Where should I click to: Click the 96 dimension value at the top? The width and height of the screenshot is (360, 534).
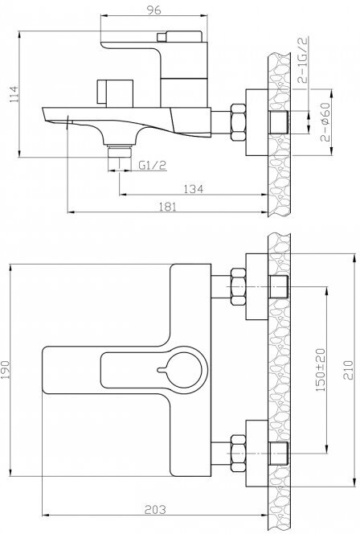tap(153, 10)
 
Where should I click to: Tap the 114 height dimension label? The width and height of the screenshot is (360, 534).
tap(14, 94)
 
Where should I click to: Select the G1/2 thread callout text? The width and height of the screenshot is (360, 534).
tap(153, 166)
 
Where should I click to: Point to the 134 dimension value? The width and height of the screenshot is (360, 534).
tap(194, 189)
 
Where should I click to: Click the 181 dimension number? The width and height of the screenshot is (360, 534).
tap(167, 207)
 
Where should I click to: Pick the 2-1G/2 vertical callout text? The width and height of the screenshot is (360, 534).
tap(302, 60)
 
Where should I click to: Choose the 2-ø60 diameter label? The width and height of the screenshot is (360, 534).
tap(325, 121)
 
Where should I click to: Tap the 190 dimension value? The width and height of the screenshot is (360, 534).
tap(5, 369)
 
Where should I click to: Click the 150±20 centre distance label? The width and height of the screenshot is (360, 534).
tap(321, 370)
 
